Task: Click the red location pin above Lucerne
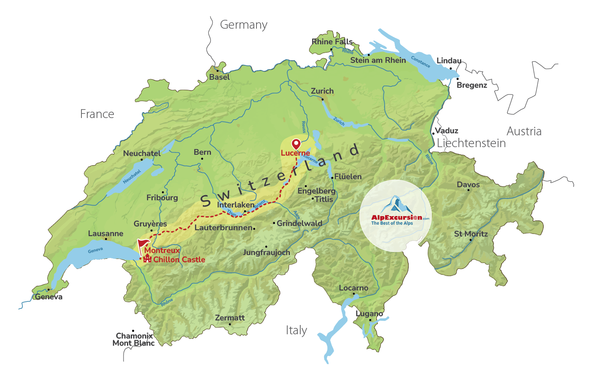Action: (296, 144)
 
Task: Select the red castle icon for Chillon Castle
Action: (147, 259)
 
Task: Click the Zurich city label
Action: (322, 91)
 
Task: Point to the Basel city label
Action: (219, 77)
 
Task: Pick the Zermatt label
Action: (230, 318)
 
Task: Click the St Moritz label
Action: (471, 234)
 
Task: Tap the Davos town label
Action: (468, 185)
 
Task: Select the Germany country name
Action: (244, 25)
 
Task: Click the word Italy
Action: (296, 330)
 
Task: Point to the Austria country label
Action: (524, 132)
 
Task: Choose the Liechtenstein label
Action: (471, 143)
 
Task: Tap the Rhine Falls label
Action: (332, 42)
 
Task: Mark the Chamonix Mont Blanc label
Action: (134, 339)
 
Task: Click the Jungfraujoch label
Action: (267, 252)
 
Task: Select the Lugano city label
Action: (369, 314)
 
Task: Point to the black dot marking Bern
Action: (202, 158)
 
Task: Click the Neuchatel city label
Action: (142, 153)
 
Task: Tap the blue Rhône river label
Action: (167, 302)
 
